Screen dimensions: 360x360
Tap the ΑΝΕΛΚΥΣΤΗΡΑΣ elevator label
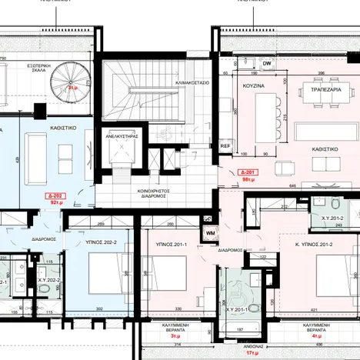(122, 135)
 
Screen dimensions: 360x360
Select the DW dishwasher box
(266, 63)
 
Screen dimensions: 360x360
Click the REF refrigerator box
(225, 144)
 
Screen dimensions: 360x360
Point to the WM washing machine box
(210, 231)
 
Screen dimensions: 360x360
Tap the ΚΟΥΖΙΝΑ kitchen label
(253, 87)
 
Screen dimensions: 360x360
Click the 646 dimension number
(291, 185)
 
